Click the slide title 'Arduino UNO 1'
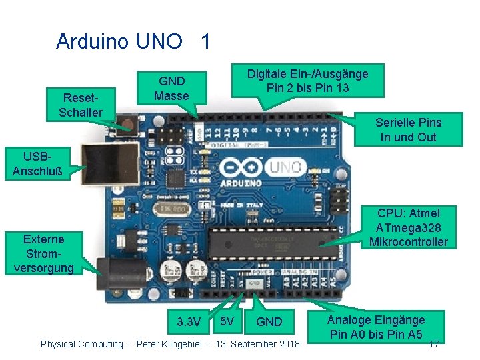pyautogui.click(x=133, y=41)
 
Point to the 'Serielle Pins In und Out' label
pyautogui.click(x=408, y=129)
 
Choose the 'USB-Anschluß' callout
pyautogui.click(x=37, y=164)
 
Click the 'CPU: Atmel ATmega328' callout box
pyautogui.click(x=408, y=227)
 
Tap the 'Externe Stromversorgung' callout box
pyautogui.click(x=43, y=253)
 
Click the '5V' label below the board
pyautogui.click(x=227, y=321)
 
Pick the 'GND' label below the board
pyautogui.click(x=269, y=321)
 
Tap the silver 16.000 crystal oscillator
pyautogui.click(x=172, y=210)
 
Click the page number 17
pyautogui.click(x=433, y=345)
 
